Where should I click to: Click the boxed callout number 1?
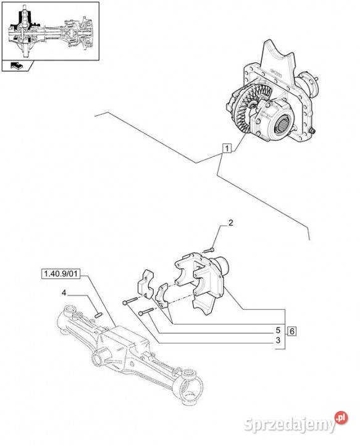pyautogui.click(x=227, y=148)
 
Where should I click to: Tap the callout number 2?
pyautogui.click(x=231, y=222)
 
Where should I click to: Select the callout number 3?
pyautogui.click(x=278, y=340)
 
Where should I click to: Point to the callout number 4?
pyautogui.click(x=64, y=293)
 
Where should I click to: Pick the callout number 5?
pyautogui.click(x=278, y=330)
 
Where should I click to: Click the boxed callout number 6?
pyautogui.click(x=292, y=331)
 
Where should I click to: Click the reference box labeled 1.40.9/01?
pyautogui.click(x=61, y=274)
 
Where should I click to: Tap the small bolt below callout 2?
pyautogui.click(x=209, y=250)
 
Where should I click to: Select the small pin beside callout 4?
pyautogui.click(x=98, y=315)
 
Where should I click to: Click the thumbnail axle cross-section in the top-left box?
pyautogui.click(x=51, y=32)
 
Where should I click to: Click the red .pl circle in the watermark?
pyautogui.click(x=341, y=418)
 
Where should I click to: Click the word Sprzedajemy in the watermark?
pyautogui.click(x=289, y=425)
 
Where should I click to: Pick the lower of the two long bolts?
pyautogui.click(x=146, y=311)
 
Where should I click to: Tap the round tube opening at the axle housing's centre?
pyautogui.click(x=97, y=358)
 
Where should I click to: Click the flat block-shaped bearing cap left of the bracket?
pyautogui.click(x=146, y=282)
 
